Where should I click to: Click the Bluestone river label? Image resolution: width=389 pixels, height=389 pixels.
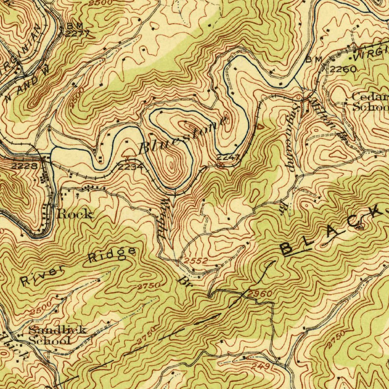(184, 135)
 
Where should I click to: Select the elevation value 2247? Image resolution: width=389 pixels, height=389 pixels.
(228, 157)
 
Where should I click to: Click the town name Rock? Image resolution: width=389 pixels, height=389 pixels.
(75, 214)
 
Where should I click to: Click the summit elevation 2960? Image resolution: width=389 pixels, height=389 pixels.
(260, 294)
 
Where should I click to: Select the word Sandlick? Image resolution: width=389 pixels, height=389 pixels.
(57, 329)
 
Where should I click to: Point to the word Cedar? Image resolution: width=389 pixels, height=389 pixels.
(370, 96)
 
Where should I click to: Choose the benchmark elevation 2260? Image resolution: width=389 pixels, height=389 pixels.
(343, 69)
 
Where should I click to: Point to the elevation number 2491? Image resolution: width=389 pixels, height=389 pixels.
(262, 367)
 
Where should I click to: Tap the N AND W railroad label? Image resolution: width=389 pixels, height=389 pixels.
(28, 83)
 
